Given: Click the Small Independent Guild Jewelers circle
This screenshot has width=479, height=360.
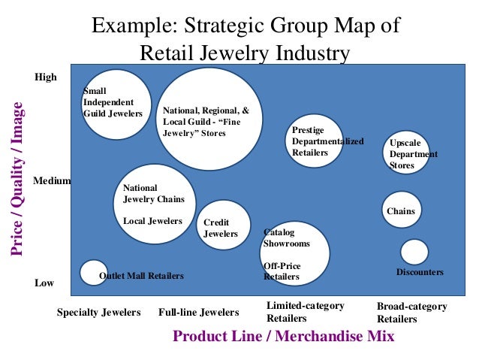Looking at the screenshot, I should [x=116, y=104].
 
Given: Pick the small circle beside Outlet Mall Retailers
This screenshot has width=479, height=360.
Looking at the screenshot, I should [x=94, y=272].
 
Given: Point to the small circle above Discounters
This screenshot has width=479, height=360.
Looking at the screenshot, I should [x=414, y=252].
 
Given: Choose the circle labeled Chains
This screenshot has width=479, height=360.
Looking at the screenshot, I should [x=402, y=210].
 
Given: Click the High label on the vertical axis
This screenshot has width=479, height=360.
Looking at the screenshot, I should [x=46, y=77].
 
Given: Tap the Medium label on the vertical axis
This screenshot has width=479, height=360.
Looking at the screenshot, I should [x=52, y=181].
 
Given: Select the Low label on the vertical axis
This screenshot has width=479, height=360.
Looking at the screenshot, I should [x=44, y=283].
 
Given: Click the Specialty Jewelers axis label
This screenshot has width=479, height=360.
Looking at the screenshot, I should [x=98, y=313].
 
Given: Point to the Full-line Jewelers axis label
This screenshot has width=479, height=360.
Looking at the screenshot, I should [x=198, y=313].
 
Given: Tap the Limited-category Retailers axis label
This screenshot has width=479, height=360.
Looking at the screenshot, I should [x=305, y=312].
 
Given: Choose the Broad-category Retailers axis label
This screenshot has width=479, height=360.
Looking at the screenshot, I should [x=411, y=313].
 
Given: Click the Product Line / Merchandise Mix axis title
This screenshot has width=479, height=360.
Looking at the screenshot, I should [x=283, y=336].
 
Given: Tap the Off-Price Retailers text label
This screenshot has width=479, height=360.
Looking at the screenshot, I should [x=282, y=271].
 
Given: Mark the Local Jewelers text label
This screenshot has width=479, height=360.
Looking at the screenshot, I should [x=152, y=221].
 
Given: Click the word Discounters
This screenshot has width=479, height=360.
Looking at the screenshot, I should [x=420, y=272].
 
